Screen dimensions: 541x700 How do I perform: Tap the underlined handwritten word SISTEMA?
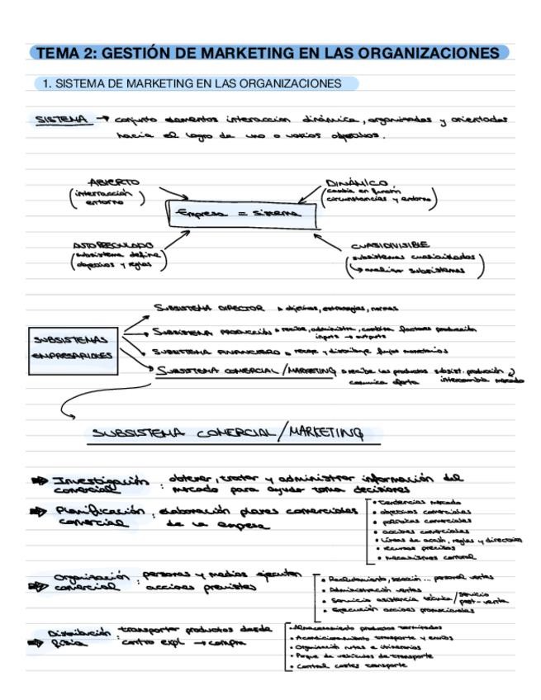pyautogui.click(x=62, y=120)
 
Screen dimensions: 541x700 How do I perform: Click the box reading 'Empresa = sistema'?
pyautogui.click(x=244, y=214)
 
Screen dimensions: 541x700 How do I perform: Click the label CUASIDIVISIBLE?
pyautogui.click(x=390, y=245)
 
